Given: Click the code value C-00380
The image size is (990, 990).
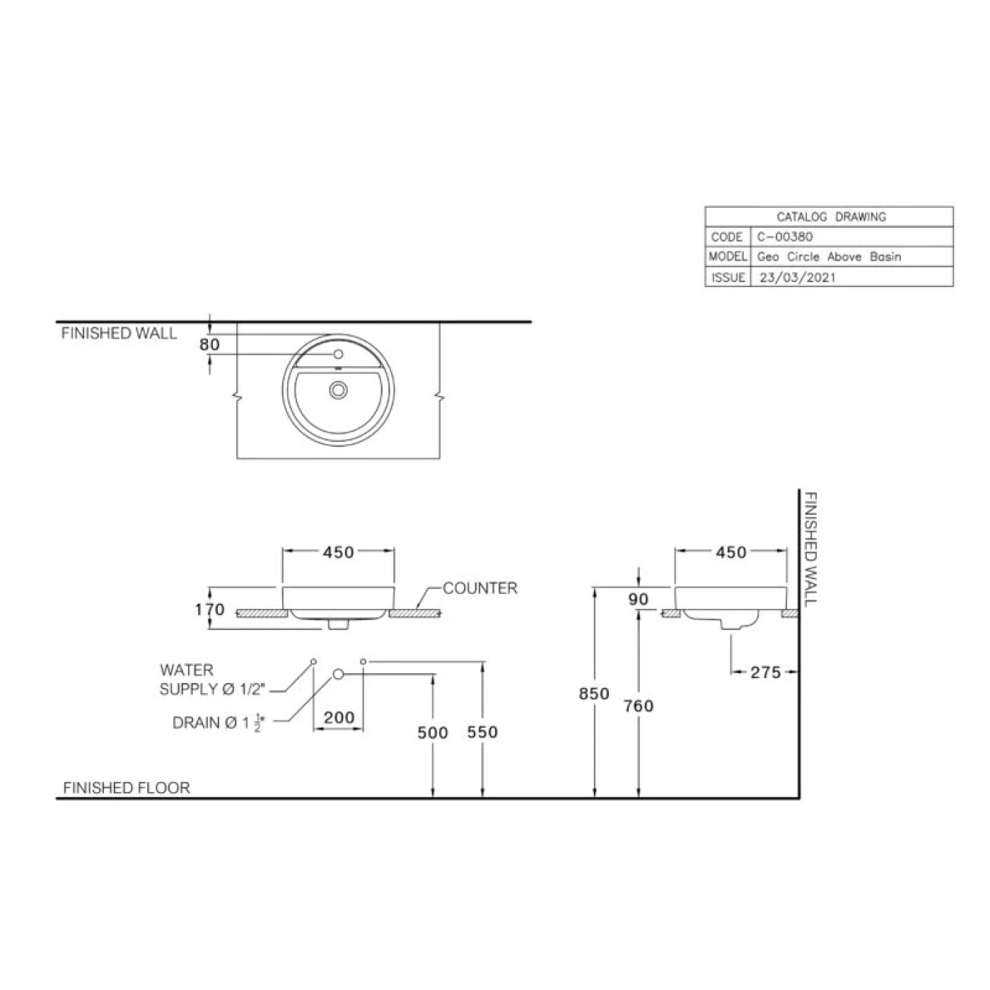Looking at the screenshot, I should click(x=784, y=237).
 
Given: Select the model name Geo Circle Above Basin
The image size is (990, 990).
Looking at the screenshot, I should click(x=829, y=257).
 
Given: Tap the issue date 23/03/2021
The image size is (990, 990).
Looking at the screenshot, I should click(x=797, y=277).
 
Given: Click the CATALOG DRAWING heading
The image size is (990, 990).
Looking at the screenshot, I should click(x=831, y=217).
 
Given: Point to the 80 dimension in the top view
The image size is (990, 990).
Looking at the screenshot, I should click(x=210, y=345).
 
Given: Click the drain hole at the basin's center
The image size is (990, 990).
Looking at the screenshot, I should click(x=339, y=388).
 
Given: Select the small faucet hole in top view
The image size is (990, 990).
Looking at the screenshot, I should click(x=338, y=354).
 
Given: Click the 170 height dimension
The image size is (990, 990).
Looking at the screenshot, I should click(x=209, y=610).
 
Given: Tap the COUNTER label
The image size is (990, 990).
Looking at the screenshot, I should click(x=480, y=588).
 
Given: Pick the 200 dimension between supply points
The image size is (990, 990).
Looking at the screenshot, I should click(x=339, y=718).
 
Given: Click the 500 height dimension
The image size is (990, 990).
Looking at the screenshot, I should click(x=432, y=733).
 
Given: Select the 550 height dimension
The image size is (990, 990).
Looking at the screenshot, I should click(x=482, y=733).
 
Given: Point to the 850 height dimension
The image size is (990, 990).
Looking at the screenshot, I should click(x=594, y=694).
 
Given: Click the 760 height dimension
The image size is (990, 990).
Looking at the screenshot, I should click(x=639, y=706).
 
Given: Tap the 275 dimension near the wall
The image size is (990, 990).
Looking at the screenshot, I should click(x=765, y=672).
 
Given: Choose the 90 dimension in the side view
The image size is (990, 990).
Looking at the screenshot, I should click(x=639, y=600).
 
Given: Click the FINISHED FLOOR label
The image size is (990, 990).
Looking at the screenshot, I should click(x=127, y=788).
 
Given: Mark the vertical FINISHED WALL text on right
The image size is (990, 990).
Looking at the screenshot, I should click(x=810, y=549).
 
